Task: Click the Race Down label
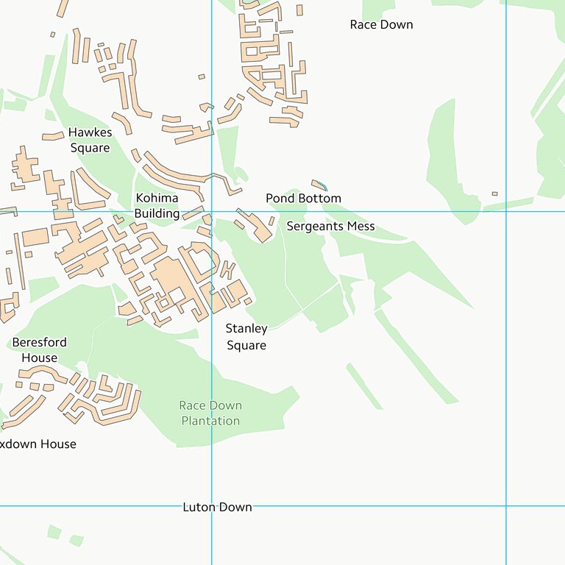click(x=381, y=24)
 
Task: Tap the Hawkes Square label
click(x=89, y=140)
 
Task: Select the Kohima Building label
click(x=157, y=205)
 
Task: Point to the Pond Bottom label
click(x=303, y=198)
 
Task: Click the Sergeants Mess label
click(x=330, y=226)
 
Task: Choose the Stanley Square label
click(x=246, y=336)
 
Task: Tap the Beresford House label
click(x=39, y=349)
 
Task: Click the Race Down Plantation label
click(x=210, y=413)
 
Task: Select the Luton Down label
click(x=217, y=507)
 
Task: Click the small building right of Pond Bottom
click(x=494, y=193)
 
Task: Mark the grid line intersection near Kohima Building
click(x=212, y=212)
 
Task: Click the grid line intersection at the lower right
click(x=506, y=506)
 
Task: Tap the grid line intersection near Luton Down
click(x=212, y=506)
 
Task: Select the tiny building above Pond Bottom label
click(x=319, y=184)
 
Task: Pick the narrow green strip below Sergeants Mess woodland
click(x=364, y=386)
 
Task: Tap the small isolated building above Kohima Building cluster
click(x=202, y=76)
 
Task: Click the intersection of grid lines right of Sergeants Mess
click(x=506, y=212)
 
